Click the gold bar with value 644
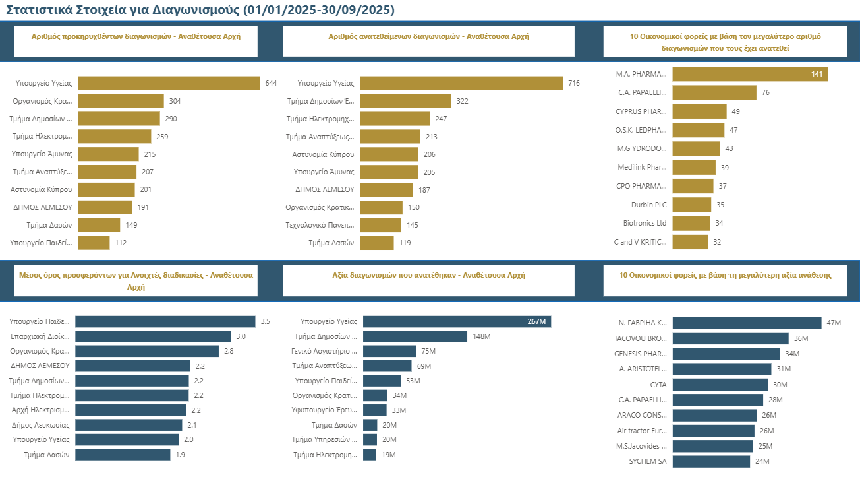coord(169,83)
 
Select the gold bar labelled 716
coord(461,83)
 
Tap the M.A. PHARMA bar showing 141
coord(750,74)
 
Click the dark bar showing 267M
coord(457,321)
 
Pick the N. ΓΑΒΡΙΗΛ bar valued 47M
coord(747,323)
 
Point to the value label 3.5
coord(266,322)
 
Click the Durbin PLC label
coord(648,205)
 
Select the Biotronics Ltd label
coord(645,223)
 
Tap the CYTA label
coord(658,385)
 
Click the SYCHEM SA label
coord(647,461)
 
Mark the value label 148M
coord(482,336)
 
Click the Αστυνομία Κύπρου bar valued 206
coord(389,154)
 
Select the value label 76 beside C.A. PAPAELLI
coord(765,92)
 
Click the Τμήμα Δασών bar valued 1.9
coord(123,455)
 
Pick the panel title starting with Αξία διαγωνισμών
coord(428,275)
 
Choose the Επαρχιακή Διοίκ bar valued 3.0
coord(153,336)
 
